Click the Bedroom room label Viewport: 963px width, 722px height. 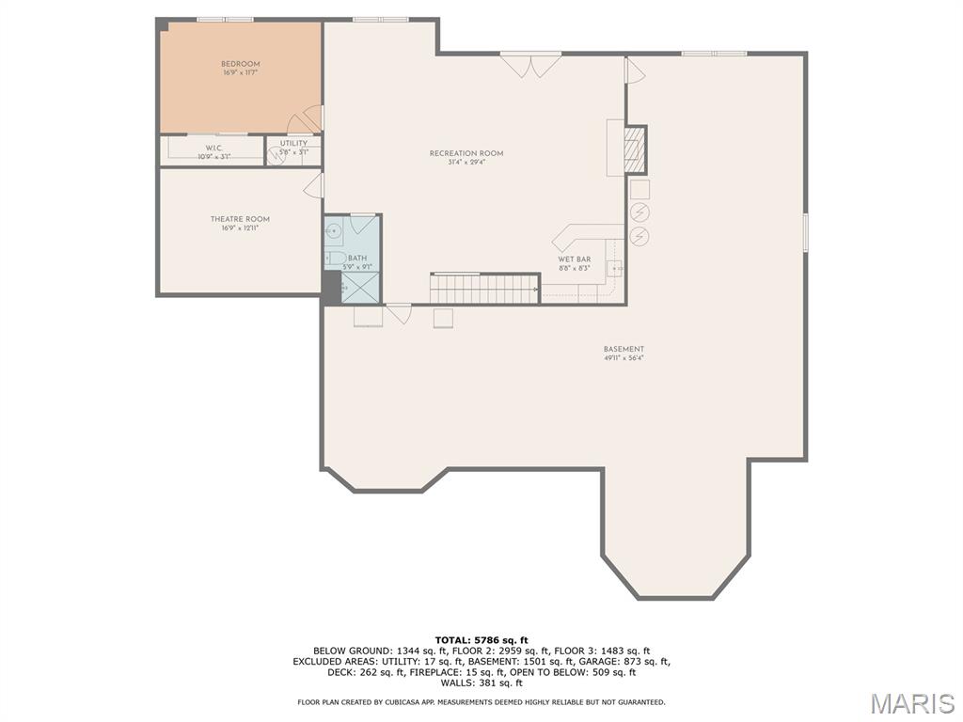(241, 64)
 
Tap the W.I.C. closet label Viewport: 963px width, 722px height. (213, 148)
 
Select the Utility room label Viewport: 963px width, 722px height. (293, 144)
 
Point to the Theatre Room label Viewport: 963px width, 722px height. (240, 219)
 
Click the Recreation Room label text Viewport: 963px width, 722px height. (466, 153)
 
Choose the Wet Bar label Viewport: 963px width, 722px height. (574, 259)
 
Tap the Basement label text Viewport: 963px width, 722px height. (624, 349)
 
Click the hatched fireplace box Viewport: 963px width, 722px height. (636, 149)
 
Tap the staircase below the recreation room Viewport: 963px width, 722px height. (483, 288)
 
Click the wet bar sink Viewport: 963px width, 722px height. (614, 267)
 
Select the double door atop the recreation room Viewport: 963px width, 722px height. (530, 64)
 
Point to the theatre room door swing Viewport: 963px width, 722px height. (314, 185)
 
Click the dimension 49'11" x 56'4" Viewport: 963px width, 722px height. (624, 358)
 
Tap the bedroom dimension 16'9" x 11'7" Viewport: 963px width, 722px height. (241, 73)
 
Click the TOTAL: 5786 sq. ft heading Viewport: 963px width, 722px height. (481, 640)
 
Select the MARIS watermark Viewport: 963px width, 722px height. (911, 703)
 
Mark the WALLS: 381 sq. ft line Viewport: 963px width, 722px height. (481, 683)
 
